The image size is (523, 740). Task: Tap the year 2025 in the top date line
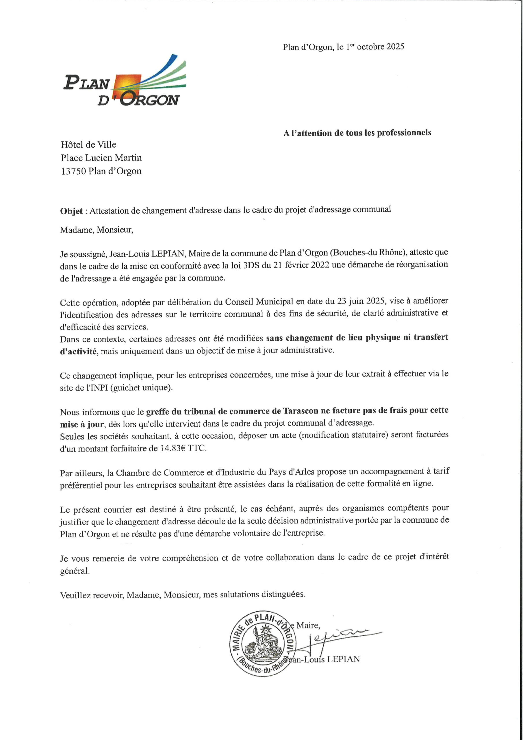click(395, 47)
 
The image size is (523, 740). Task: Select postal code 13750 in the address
click(73, 171)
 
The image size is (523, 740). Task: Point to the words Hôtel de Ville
click(88, 145)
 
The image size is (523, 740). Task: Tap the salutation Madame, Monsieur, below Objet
click(96, 230)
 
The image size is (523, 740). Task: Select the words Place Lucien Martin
click(101, 158)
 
